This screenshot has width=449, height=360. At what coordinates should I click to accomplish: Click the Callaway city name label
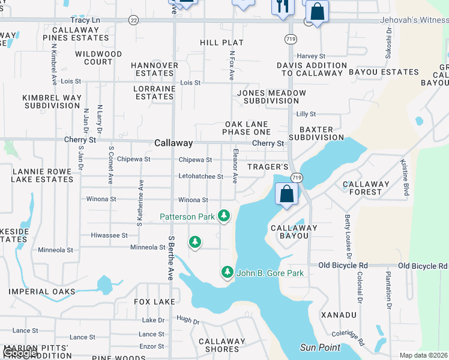tap(173, 143)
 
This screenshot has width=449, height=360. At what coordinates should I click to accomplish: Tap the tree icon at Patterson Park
tap(224, 215)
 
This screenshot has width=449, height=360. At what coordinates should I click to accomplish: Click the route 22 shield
tap(133, 20)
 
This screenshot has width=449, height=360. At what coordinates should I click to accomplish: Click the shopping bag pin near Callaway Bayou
tap(287, 194)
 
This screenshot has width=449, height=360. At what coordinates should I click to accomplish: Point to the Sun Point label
tap(320, 348)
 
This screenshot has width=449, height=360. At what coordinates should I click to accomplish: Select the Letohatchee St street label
tap(200, 177)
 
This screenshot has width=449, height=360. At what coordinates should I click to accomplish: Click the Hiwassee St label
tap(109, 236)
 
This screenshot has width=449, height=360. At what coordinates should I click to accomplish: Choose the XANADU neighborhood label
tap(339, 315)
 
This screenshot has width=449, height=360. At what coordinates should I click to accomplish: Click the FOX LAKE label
tap(155, 302)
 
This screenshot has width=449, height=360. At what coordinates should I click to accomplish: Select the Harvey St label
tap(310, 56)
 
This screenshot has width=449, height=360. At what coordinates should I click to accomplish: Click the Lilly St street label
tap(306, 114)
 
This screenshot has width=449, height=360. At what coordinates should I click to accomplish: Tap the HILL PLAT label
tap(222, 43)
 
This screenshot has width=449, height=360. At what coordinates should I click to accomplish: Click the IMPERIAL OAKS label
tap(42, 292)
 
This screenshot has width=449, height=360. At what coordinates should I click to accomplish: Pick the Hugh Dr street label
tap(188, 322)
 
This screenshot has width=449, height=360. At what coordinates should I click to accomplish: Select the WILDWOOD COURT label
tap(98, 58)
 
